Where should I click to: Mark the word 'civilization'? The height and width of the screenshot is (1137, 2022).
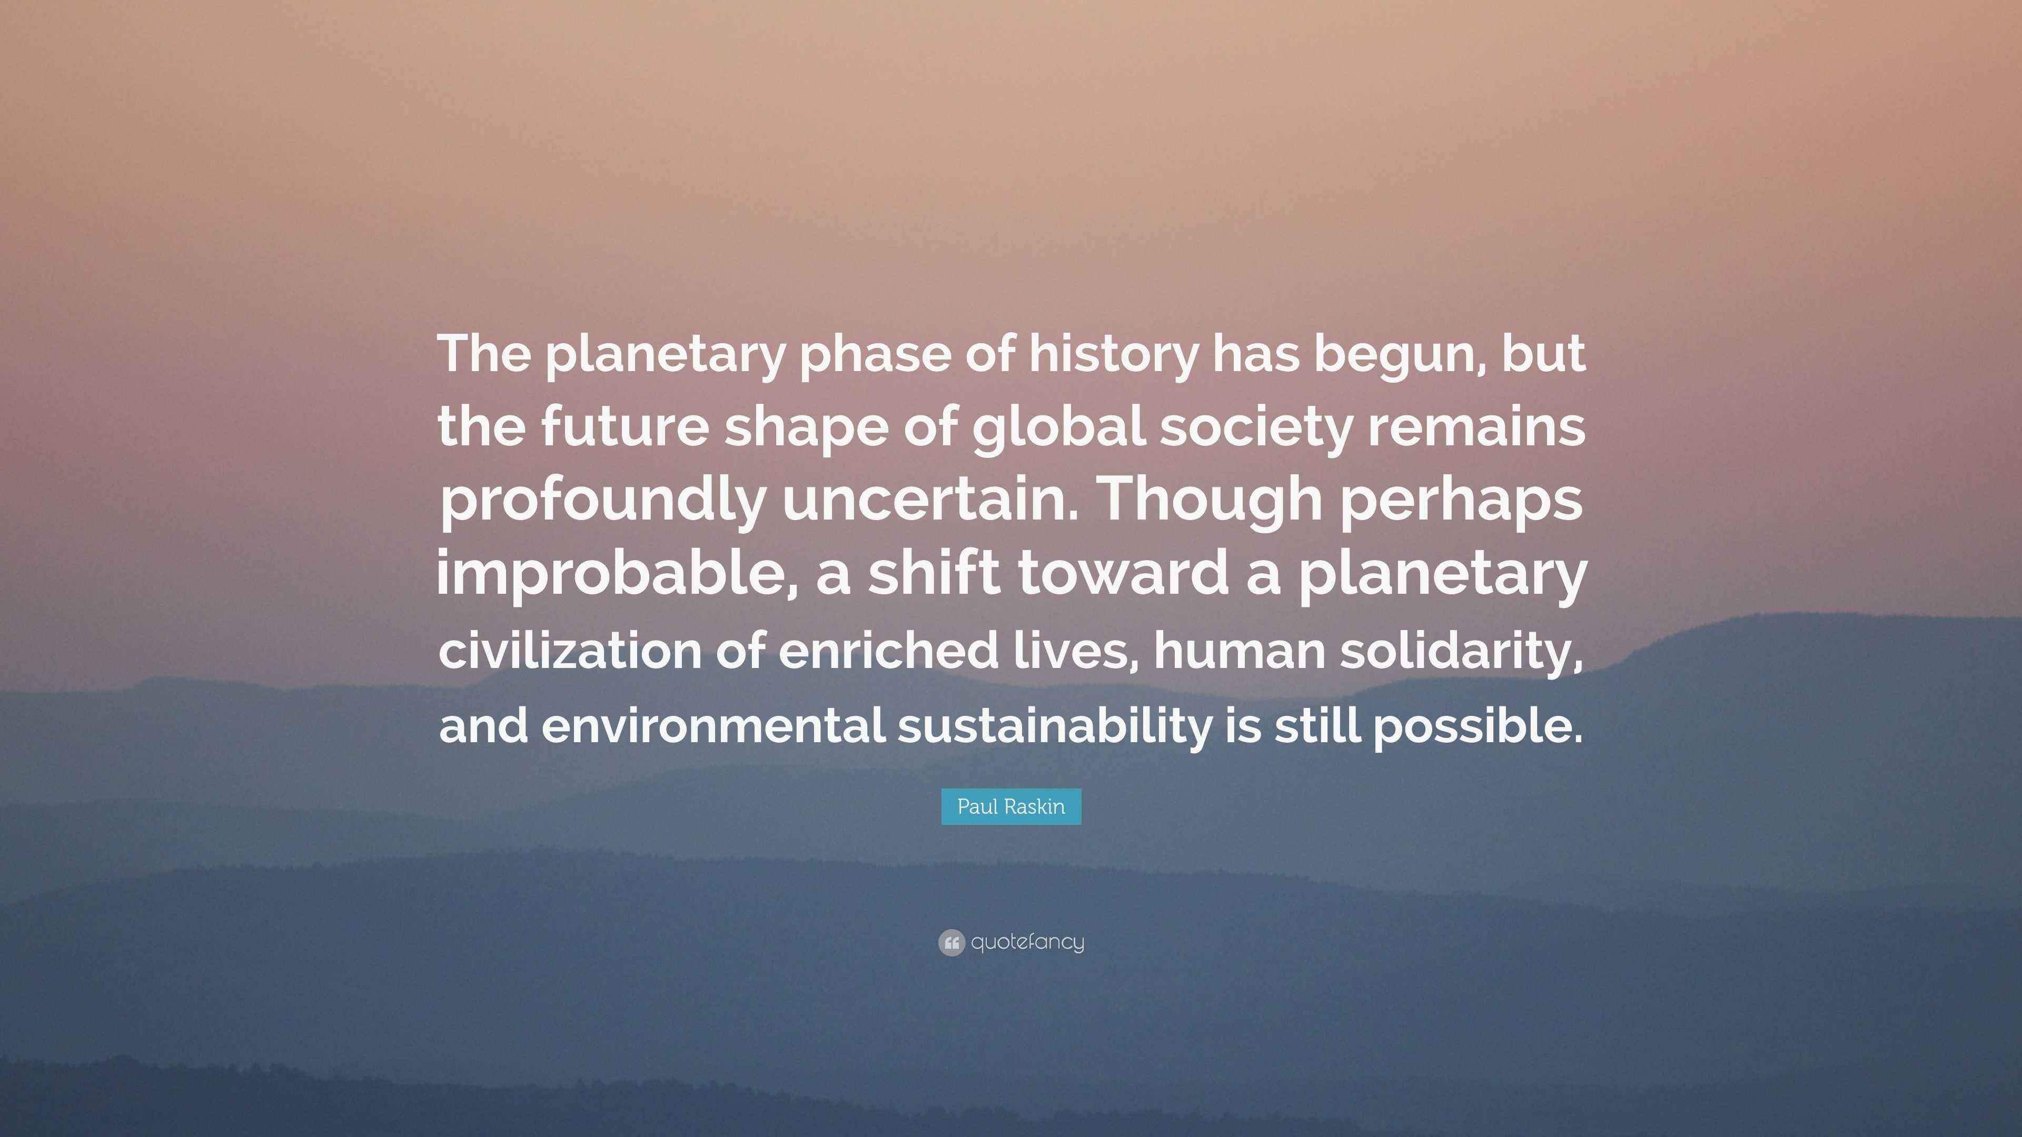tap(570, 651)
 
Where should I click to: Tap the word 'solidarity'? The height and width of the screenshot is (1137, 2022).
tap(1460, 651)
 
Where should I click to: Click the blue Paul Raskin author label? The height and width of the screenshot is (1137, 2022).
tap(1011, 806)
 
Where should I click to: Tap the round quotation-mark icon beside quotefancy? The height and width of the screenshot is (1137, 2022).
tap(950, 942)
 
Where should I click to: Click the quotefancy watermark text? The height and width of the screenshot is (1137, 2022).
tap(1027, 942)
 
